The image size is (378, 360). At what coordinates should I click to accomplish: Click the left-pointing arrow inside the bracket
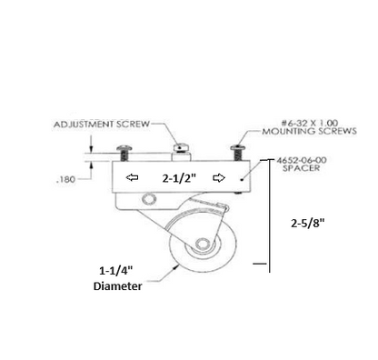[x=133, y=179]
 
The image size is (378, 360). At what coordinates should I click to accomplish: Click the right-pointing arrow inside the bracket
[x=218, y=179]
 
